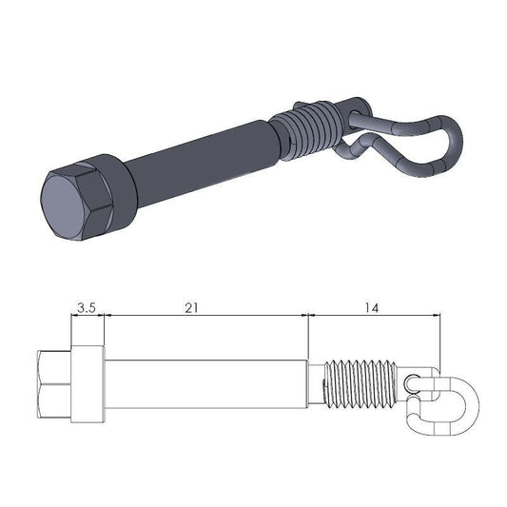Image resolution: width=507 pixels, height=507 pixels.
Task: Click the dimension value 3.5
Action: (x=87, y=307)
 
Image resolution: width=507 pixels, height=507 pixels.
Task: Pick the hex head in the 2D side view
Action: (x=53, y=384)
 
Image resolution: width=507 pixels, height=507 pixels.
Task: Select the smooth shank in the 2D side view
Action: (x=205, y=384)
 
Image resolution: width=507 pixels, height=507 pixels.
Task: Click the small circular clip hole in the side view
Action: (x=411, y=382)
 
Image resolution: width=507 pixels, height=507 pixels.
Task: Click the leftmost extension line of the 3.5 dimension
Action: (x=69, y=328)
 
